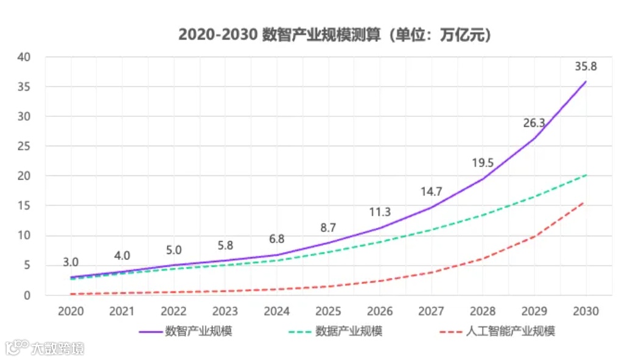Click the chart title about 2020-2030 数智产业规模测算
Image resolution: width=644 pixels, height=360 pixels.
tap(334, 35)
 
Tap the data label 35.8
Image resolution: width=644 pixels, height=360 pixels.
tap(586, 66)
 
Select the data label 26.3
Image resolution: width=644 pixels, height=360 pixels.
tap(534, 122)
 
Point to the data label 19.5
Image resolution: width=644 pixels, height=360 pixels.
tap(483, 163)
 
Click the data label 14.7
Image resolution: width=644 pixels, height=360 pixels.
tap(431, 191)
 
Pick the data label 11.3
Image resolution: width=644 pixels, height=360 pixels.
tap(380, 212)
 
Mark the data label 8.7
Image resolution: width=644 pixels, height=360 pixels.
tap(328, 227)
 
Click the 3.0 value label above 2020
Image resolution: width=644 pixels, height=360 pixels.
tap(71, 262)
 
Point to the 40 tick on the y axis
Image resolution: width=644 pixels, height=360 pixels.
tap(25, 57)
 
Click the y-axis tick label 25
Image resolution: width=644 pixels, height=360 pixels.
tap(25, 146)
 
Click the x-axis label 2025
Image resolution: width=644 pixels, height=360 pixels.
tap(328, 311)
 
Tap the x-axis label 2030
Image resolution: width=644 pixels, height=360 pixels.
tap(586, 311)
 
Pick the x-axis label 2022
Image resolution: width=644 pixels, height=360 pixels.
tap(173, 311)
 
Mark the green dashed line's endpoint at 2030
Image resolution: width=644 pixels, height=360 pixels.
tap(586, 175)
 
